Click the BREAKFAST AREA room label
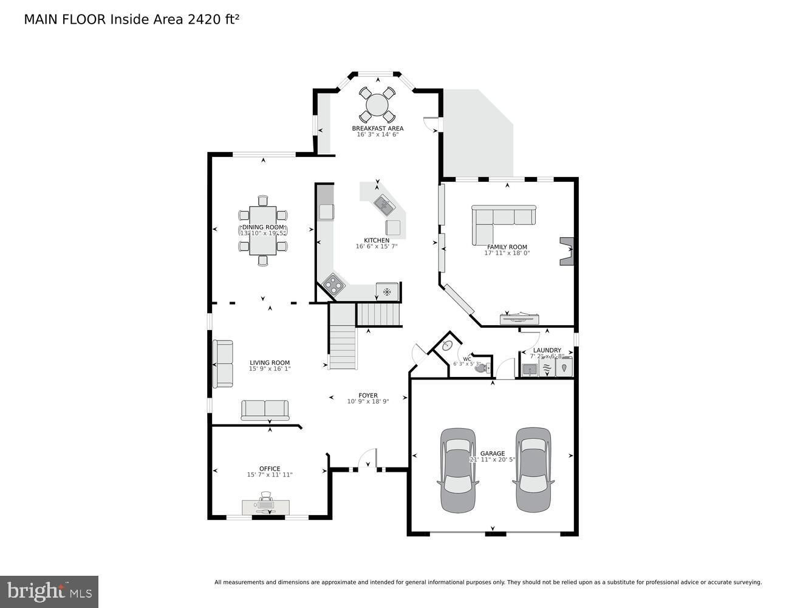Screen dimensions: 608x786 (377, 128)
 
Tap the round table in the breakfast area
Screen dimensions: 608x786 (377, 105)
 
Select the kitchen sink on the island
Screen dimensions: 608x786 (383, 204)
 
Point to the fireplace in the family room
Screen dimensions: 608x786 (567, 250)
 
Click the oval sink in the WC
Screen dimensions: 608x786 (446, 346)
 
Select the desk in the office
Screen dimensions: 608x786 (265, 506)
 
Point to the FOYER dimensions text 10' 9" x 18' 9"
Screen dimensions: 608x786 (367, 401)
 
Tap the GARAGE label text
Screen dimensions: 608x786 (493, 454)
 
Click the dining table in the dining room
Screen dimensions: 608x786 (263, 230)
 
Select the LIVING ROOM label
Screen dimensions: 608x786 (270, 362)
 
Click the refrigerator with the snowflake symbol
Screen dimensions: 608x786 (387, 291)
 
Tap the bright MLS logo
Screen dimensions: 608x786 (49, 592)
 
